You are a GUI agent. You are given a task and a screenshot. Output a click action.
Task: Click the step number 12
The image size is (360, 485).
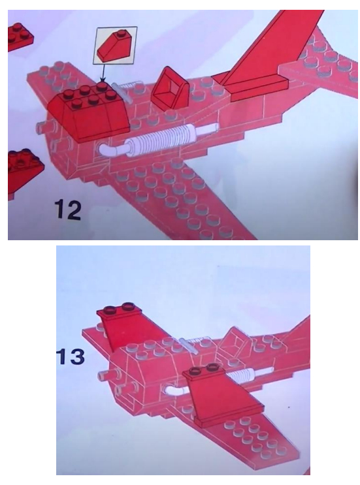click(x=68, y=210)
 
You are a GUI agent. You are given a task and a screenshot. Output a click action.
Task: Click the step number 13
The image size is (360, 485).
click(x=71, y=356)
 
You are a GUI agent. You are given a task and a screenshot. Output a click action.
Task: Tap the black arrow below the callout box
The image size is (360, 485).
click(x=103, y=74)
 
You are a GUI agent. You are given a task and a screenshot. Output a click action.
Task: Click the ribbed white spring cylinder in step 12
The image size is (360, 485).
click(x=160, y=138)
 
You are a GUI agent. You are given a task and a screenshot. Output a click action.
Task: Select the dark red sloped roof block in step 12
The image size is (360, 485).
click(x=88, y=114)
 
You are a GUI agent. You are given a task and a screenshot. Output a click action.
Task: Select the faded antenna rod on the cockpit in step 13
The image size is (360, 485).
click(x=188, y=345)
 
